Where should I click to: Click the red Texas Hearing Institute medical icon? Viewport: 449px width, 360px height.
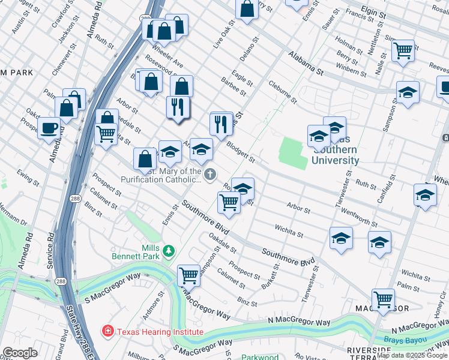[x=107, y=331]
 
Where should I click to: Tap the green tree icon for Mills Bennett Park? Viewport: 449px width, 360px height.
[x=170, y=250]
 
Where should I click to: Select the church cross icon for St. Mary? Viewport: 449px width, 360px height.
[x=209, y=175]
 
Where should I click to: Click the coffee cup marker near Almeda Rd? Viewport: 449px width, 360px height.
[x=48, y=128]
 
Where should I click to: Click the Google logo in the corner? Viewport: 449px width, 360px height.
[x=20, y=353]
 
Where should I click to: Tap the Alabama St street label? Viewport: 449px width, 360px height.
[x=305, y=62]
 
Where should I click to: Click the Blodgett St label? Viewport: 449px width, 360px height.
[x=241, y=152]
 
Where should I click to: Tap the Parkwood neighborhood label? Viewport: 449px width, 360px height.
[x=260, y=357]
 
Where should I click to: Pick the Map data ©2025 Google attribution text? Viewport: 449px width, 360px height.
[x=412, y=355]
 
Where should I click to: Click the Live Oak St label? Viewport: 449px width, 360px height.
[x=223, y=35]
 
